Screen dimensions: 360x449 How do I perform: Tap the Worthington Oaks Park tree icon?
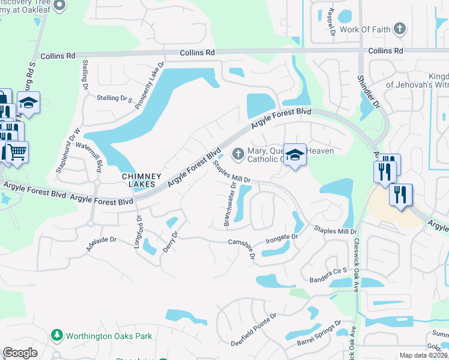[58, 335]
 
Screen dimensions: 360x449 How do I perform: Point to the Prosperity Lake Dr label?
[149, 85]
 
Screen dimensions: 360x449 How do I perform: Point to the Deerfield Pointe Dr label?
[255, 326]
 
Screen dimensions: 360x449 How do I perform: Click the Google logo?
[20, 353]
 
